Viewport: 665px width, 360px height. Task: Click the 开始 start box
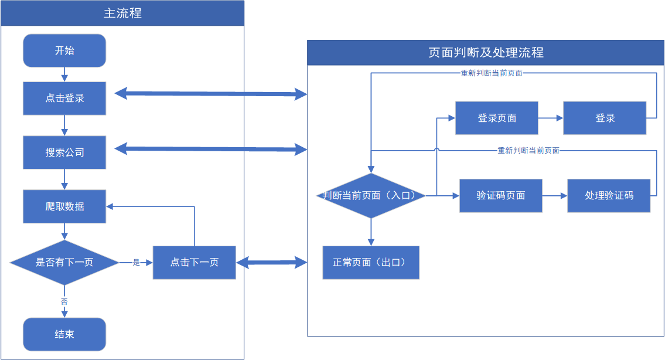tap(64, 50)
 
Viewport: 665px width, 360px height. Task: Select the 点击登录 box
tap(64, 98)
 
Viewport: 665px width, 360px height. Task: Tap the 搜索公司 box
tap(64, 152)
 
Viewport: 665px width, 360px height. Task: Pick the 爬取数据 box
tap(64, 206)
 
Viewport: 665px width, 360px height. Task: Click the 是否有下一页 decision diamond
tap(64, 262)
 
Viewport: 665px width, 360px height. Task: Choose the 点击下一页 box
tap(195, 262)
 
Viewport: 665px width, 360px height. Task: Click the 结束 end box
tap(64, 334)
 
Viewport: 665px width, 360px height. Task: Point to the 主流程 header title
tap(122, 13)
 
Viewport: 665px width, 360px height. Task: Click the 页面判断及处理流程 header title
tap(486, 53)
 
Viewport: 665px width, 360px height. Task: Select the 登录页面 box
tap(497, 118)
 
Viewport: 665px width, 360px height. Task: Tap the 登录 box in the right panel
tap(605, 118)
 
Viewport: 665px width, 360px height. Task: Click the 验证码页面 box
tap(501, 196)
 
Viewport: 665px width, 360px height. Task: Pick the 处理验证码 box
tap(609, 196)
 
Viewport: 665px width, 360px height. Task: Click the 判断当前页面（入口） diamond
tap(371, 196)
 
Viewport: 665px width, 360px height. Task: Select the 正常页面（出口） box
tap(371, 262)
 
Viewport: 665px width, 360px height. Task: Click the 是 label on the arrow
tap(136, 262)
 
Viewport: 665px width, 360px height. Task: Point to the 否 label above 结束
tap(64, 301)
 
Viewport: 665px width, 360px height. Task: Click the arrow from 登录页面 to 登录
tap(551, 118)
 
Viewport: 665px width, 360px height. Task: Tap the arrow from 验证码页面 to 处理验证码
tap(555, 196)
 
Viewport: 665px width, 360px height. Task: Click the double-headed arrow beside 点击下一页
tap(271, 262)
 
